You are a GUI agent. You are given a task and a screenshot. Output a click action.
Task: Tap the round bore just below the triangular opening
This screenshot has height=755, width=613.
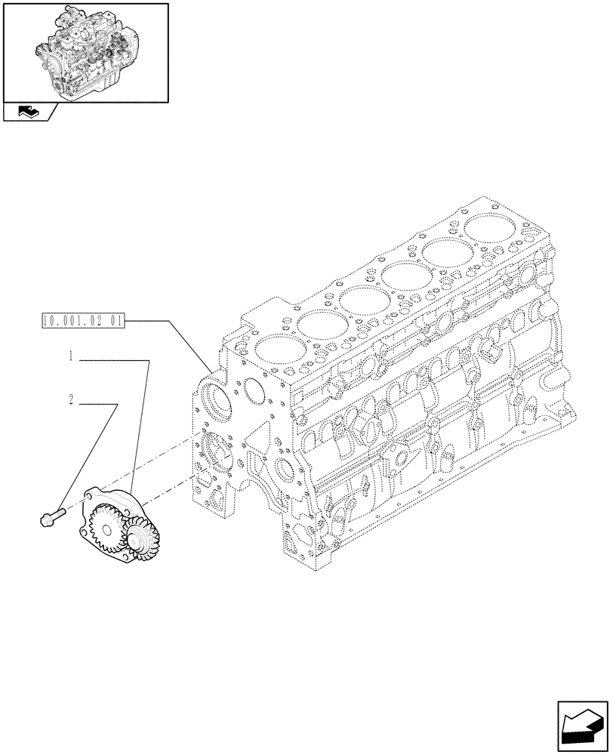(286, 473)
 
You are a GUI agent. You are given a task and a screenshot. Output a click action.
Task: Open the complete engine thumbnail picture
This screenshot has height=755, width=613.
(85, 51)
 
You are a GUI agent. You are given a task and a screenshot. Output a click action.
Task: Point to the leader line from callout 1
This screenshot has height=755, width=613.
(140, 423)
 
